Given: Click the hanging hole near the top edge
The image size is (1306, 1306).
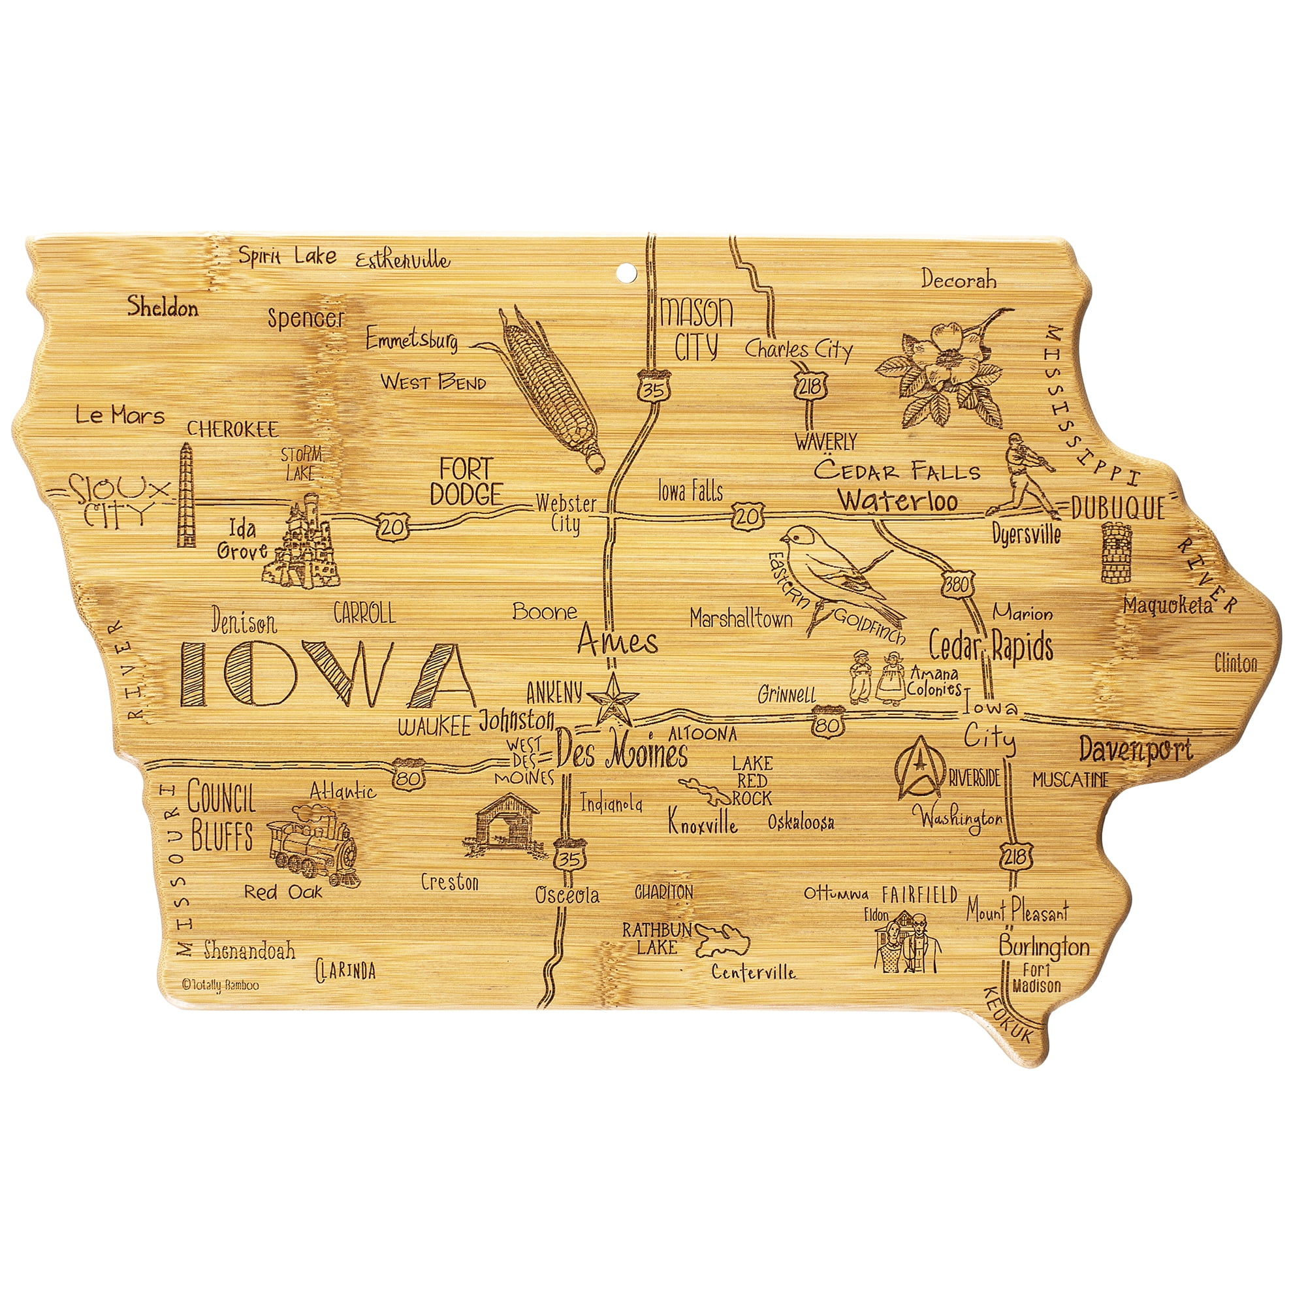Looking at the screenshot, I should [x=627, y=272].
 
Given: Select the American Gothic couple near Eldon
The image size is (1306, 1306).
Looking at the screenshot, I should [x=908, y=943].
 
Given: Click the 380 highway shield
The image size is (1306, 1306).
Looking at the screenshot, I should [x=957, y=584].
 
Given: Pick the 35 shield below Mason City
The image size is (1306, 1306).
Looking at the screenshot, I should [x=653, y=389].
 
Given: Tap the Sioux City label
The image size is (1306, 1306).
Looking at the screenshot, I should [x=115, y=500].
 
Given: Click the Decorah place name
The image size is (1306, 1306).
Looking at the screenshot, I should [x=959, y=279].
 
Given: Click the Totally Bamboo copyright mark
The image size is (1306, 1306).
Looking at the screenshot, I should [x=219, y=985].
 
